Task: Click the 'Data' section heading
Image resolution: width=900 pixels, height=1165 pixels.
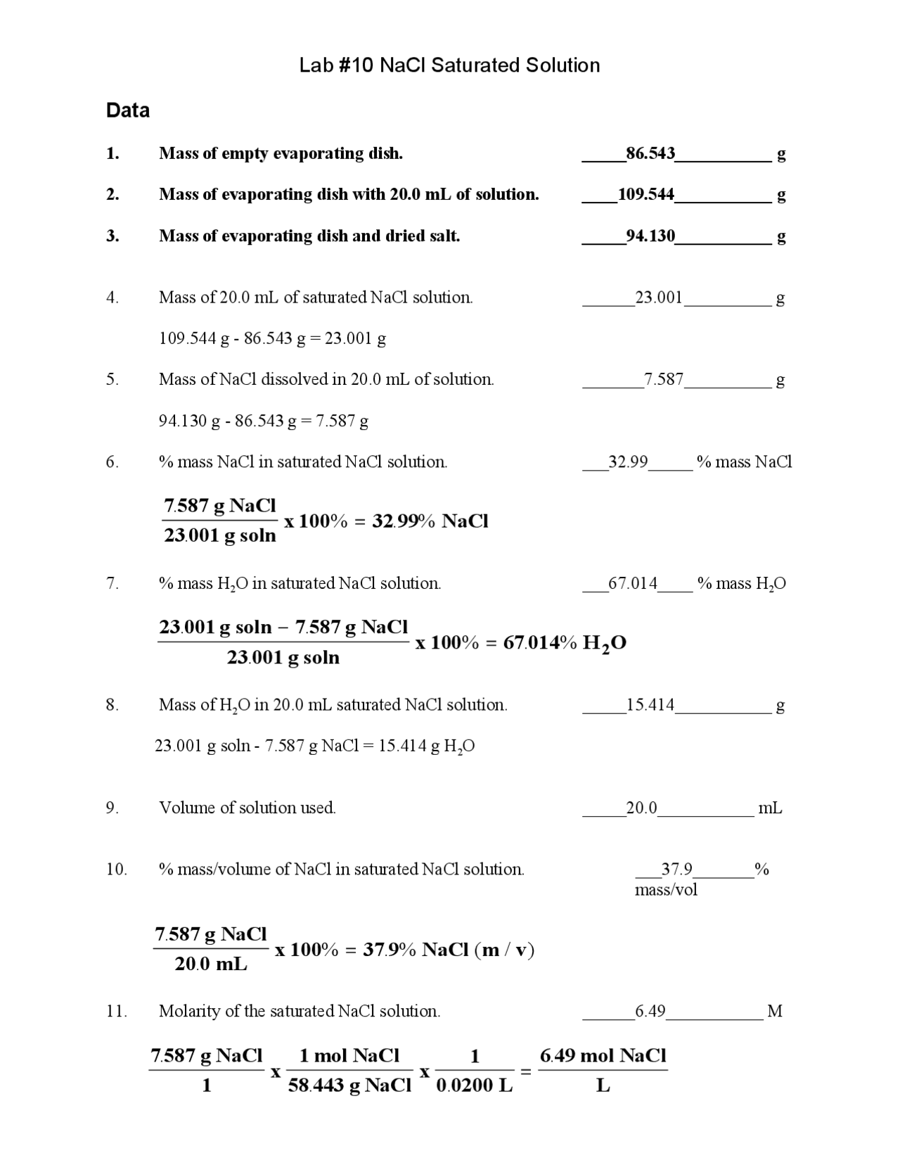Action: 127,110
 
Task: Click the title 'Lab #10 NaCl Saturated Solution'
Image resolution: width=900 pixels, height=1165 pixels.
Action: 449,65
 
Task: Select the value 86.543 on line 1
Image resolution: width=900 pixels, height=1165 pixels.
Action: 650,153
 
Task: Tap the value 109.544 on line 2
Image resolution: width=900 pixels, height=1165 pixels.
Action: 646,194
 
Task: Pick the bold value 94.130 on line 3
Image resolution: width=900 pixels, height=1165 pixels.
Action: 650,236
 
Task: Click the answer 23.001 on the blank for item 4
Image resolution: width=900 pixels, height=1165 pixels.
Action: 659,298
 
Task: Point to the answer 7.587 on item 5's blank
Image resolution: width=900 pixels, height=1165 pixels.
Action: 664,380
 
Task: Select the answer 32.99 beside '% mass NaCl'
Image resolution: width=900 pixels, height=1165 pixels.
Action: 628,462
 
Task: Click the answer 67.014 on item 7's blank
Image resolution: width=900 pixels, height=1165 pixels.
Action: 633,583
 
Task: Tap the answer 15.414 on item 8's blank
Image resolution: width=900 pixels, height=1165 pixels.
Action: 650,705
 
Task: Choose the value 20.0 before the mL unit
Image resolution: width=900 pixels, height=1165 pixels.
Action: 641,808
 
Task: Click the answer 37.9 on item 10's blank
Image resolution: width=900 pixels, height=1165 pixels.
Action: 676,870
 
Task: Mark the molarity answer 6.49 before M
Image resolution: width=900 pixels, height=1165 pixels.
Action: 650,1012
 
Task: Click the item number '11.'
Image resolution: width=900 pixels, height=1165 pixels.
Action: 116,1012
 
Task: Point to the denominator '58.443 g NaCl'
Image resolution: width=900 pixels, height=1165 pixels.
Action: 349,1086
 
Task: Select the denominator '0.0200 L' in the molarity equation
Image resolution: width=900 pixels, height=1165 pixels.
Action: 475,1086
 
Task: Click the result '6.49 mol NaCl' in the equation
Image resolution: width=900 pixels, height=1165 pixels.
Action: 603,1055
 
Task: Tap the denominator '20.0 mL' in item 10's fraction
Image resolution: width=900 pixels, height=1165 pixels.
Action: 211,964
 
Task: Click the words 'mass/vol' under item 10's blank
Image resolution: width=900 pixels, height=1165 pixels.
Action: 666,890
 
